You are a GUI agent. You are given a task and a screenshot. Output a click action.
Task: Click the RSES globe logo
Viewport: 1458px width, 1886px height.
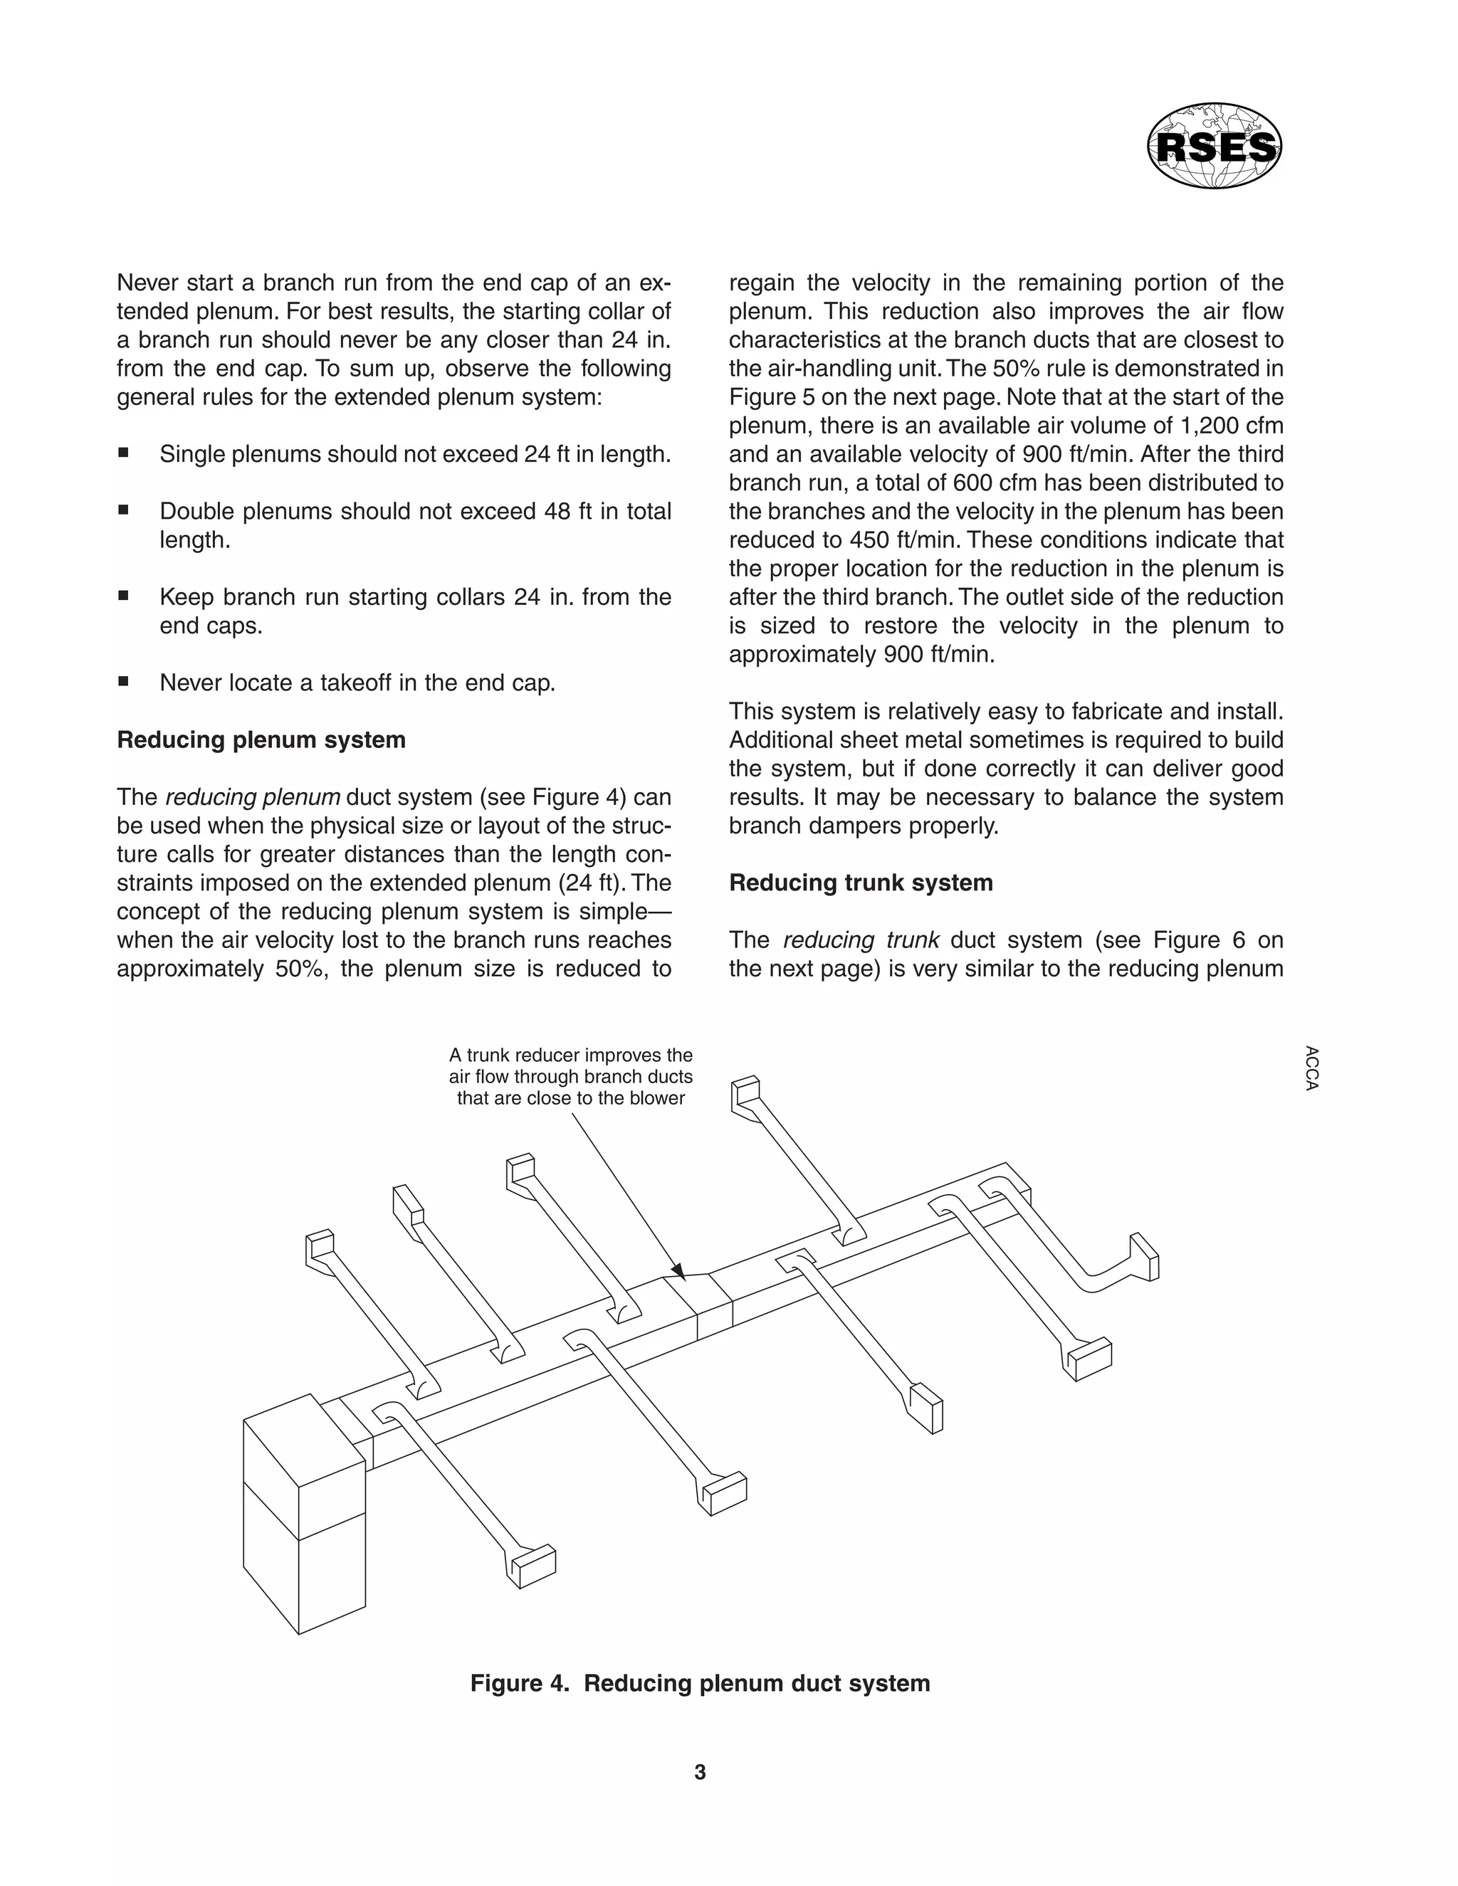[x=1214, y=146]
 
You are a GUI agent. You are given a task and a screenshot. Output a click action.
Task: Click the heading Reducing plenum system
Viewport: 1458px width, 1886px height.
[x=261, y=740]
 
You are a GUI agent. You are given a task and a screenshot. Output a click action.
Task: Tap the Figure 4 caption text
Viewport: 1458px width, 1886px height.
[x=700, y=1683]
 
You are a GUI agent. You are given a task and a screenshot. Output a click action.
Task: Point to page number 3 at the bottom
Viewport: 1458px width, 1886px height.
[x=700, y=1772]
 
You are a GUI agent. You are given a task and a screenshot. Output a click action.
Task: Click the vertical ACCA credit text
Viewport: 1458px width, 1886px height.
[x=1311, y=1069]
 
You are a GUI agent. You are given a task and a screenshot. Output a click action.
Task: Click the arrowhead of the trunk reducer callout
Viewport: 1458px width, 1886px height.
[x=679, y=1271]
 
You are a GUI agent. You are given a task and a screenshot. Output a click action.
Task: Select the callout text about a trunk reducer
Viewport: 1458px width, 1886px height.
[x=570, y=1077]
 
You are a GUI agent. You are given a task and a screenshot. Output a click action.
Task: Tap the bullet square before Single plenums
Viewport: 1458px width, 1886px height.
[x=123, y=453]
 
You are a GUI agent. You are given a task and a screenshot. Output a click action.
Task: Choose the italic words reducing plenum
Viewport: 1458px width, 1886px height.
[x=252, y=797]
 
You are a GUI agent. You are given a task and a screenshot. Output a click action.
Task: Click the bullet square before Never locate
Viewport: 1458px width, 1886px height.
[x=123, y=681]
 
